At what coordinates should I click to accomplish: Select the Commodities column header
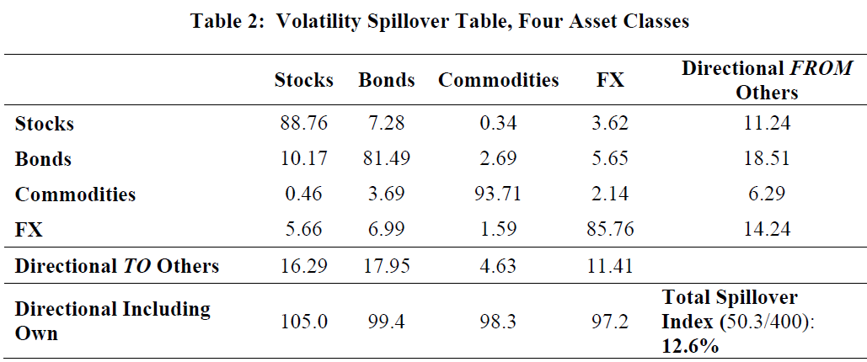pos(498,80)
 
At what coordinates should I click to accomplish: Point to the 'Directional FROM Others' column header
pos(767,80)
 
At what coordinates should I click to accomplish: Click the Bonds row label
pos(44,159)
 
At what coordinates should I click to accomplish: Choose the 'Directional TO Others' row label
pos(117,266)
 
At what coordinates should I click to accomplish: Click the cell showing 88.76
pos(303,124)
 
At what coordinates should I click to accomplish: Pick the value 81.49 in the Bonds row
pos(386,159)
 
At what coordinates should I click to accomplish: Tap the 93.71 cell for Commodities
pos(497,194)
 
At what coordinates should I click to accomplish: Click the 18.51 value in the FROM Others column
pos(767,159)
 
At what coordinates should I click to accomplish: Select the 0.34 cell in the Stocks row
pos(497,124)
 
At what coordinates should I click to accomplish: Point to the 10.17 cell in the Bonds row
pos(303,159)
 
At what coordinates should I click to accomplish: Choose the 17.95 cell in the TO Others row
pos(386,266)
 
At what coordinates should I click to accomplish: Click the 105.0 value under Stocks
pos(303,322)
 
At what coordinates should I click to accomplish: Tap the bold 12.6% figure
pos(691,346)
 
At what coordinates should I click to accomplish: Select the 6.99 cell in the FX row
pos(386,230)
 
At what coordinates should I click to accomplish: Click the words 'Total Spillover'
pos(730,297)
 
